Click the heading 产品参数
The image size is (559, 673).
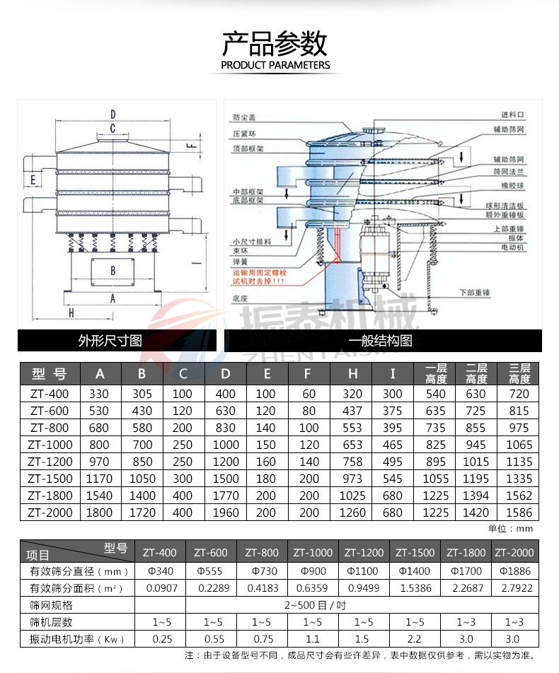click(275, 44)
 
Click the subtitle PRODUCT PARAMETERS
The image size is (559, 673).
click(275, 65)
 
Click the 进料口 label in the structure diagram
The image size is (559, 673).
click(512, 114)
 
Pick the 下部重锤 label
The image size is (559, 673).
click(475, 291)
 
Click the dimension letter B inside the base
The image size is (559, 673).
click(113, 270)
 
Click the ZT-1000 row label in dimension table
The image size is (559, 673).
click(50, 445)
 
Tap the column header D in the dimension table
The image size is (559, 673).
click(226, 373)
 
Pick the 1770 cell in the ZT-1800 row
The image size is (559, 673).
click(226, 496)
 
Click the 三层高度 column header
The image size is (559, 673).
click(519, 373)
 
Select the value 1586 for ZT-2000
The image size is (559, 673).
click(519, 513)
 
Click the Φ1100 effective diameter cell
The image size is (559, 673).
click(364, 570)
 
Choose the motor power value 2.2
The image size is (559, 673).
click(415, 639)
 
